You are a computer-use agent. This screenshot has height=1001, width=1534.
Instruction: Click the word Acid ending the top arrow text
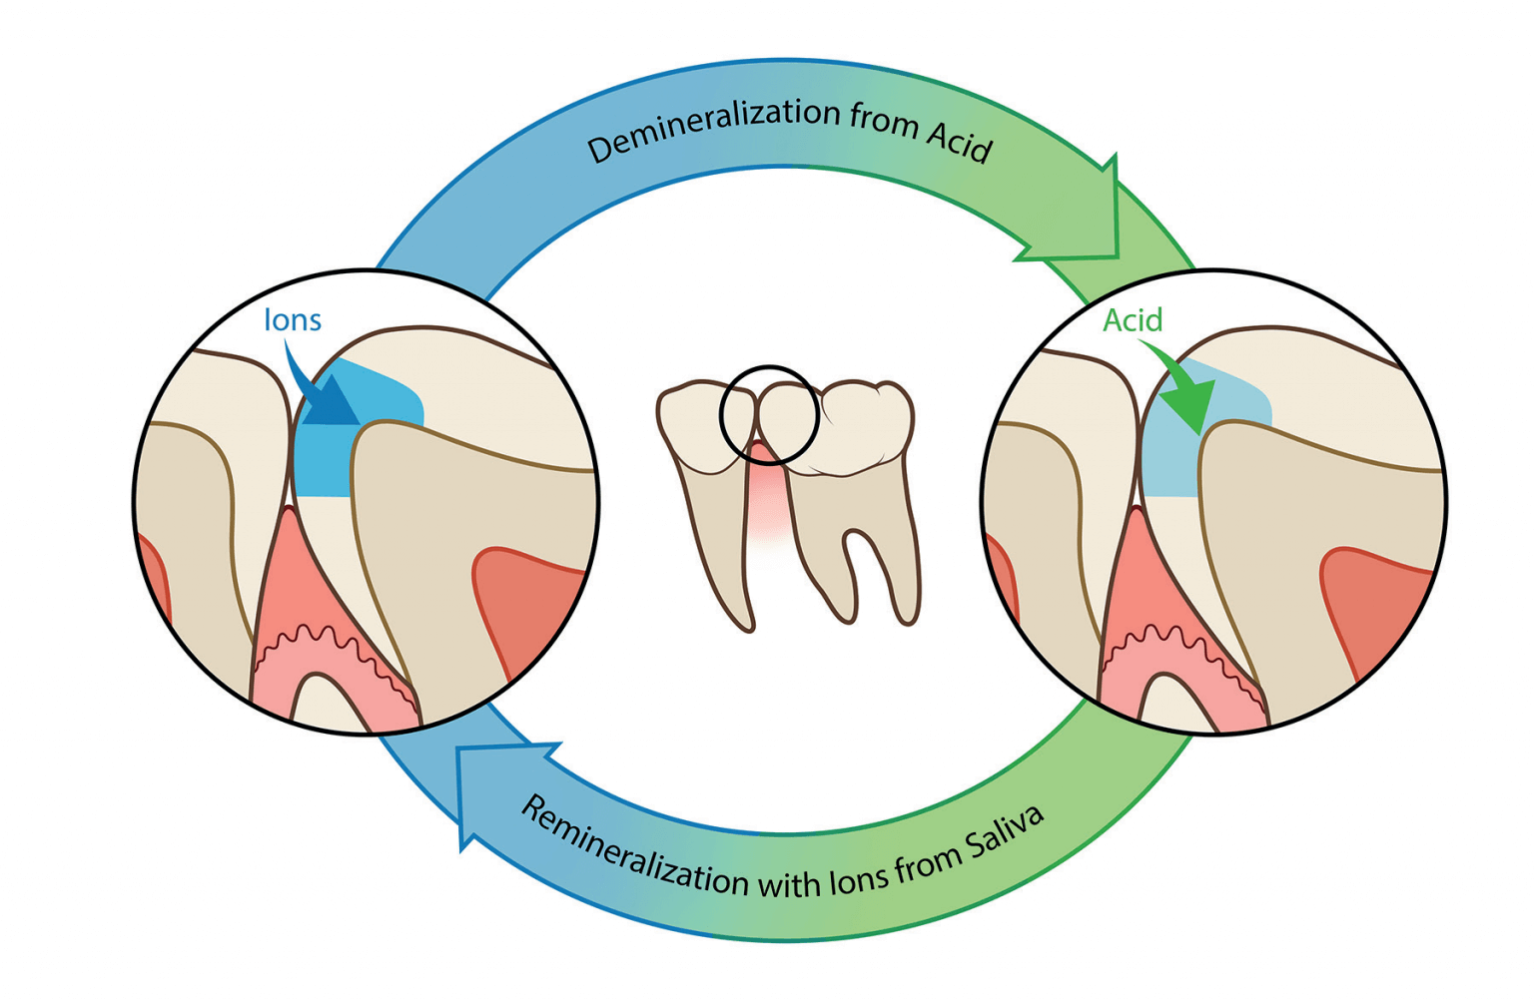tap(959, 142)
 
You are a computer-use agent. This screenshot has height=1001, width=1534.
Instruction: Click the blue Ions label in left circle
tap(292, 320)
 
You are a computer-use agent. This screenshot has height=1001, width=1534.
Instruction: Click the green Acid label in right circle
tap(1133, 320)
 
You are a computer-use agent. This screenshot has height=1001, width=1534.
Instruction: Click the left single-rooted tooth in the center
tap(709, 479)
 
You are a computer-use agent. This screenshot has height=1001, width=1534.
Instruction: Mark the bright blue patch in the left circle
tap(325, 459)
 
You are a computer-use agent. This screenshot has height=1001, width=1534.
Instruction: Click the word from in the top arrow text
tap(883, 121)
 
